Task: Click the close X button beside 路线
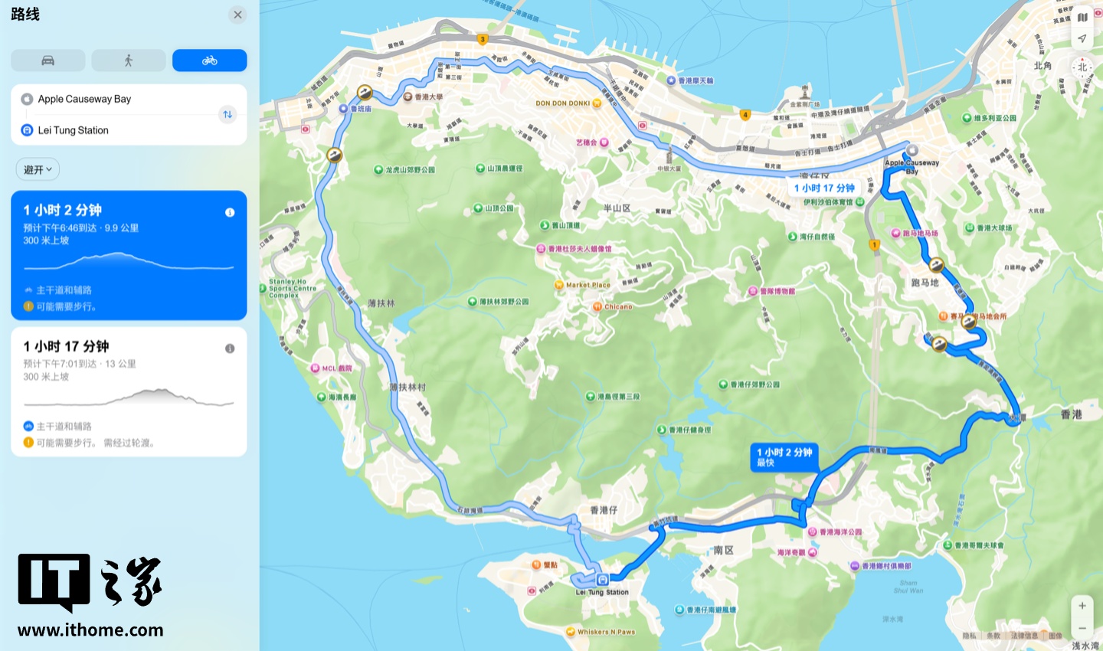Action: (x=238, y=15)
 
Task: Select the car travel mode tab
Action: (x=48, y=61)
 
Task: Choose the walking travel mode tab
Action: (x=129, y=61)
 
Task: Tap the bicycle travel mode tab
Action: (x=209, y=61)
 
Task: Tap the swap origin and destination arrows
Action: (x=227, y=114)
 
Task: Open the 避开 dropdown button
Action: (x=38, y=169)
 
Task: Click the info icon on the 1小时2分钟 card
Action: (x=230, y=212)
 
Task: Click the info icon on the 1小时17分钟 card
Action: (x=230, y=348)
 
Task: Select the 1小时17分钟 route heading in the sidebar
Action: (x=66, y=346)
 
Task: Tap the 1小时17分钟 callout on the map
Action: (x=824, y=188)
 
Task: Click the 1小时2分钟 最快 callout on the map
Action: (x=785, y=456)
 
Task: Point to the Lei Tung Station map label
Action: (x=603, y=592)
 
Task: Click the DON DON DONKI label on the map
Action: (x=563, y=103)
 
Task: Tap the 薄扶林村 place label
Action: (x=407, y=388)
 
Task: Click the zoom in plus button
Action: (x=1082, y=606)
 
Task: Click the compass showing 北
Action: (x=1082, y=67)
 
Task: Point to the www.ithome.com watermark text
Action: (x=90, y=630)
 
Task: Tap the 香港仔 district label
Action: (x=604, y=510)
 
